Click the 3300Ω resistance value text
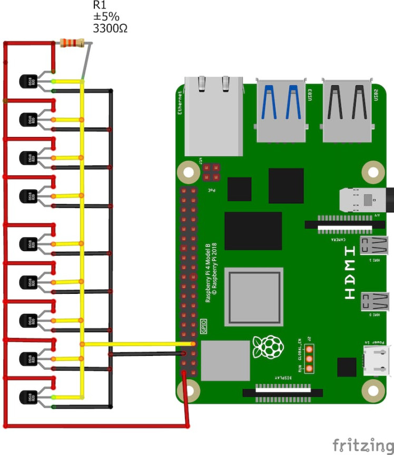[110, 28]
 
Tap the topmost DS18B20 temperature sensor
[26, 81]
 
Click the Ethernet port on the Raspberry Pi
[213, 116]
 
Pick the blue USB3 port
[281, 111]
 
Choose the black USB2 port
[347, 111]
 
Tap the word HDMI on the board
[350, 279]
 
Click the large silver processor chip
[254, 296]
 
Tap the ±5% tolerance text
[106, 17]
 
